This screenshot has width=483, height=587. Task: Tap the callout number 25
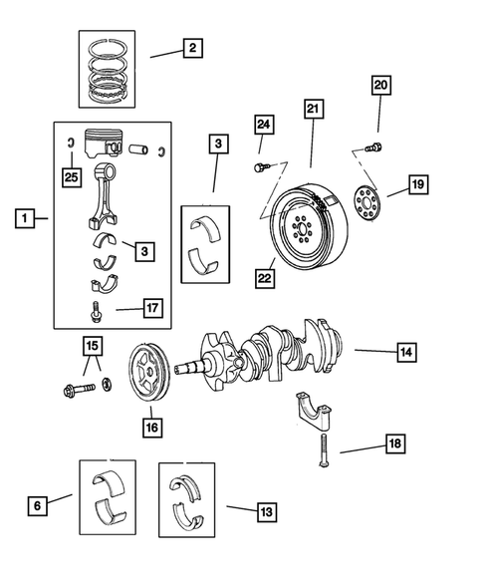pos(69,176)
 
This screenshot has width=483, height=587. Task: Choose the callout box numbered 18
pos(393,443)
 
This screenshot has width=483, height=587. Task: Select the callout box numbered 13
pos(264,511)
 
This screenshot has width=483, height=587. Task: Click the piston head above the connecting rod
pos(108,144)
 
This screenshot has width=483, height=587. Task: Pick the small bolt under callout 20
pos(373,148)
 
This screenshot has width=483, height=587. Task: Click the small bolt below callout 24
pos(261,165)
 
